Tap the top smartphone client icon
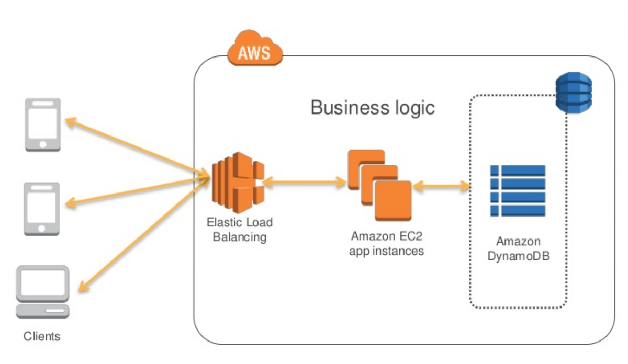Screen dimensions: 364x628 (43, 125)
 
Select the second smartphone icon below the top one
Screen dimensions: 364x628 (42, 208)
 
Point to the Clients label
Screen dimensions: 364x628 (42, 336)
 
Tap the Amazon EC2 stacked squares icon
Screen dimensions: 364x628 (379, 186)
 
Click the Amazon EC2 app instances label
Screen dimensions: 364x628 (387, 243)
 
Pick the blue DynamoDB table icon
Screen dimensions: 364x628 (518, 190)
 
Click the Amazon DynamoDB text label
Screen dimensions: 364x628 (518, 249)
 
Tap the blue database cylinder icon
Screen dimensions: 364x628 (573, 93)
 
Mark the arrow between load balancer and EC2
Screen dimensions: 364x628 (304, 183)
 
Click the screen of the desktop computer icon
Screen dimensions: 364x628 (43, 283)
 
